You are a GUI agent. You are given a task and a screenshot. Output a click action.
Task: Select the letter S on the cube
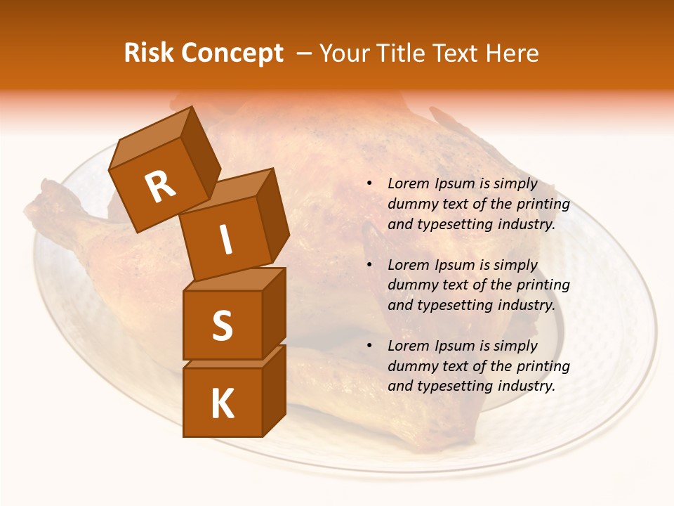[222, 325]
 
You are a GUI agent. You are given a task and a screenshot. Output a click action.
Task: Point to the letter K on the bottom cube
[222, 403]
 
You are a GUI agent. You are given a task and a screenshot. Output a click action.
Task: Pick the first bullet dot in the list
[369, 183]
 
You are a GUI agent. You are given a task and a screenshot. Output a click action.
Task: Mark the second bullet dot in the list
[369, 265]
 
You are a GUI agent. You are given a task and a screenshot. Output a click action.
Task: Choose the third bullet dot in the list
[369, 346]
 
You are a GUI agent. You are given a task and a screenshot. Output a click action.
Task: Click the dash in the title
[305, 53]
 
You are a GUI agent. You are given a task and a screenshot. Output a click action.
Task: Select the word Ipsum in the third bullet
[456, 346]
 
